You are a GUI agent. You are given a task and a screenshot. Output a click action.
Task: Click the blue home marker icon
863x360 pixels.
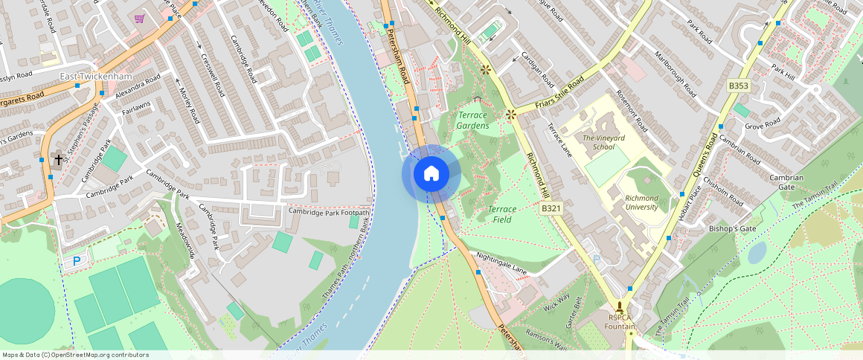[x=431, y=173]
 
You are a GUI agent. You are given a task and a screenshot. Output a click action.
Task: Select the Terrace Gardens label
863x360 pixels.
[x=473, y=120]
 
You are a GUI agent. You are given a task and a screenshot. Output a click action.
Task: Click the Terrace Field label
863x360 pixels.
[x=503, y=214]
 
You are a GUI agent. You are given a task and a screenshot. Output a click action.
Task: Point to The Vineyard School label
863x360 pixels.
[x=603, y=142]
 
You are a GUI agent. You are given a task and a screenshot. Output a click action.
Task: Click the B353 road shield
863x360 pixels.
[x=739, y=86]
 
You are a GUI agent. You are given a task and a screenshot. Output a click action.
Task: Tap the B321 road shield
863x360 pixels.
[x=551, y=209]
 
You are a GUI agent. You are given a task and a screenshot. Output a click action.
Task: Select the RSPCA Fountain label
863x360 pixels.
[x=620, y=322]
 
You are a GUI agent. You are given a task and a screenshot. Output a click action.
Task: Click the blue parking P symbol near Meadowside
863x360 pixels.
[x=76, y=261]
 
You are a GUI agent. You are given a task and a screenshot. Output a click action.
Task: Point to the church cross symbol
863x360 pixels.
[x=58, y=159]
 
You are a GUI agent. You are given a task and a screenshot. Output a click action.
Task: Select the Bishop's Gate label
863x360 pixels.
[x=732, y=228]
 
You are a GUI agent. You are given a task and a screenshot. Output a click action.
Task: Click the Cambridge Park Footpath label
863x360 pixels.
[x=329, y=212]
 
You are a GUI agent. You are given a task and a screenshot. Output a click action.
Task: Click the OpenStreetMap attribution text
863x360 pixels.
[x=76, y=355]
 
